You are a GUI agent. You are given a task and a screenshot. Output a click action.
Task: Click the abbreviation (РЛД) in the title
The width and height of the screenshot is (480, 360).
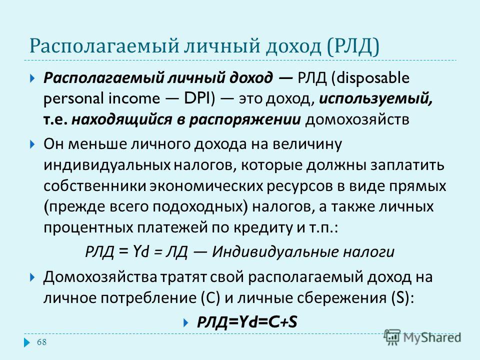[353, 46]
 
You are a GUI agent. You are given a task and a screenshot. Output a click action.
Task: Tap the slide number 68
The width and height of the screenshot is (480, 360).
[41, 342]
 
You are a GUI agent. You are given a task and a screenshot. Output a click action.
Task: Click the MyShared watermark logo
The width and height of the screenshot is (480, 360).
[423, 337]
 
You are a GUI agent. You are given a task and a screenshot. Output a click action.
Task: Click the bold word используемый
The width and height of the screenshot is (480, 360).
[376, 99]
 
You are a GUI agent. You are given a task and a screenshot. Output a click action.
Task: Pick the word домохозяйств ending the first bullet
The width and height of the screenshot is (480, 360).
[357, 119]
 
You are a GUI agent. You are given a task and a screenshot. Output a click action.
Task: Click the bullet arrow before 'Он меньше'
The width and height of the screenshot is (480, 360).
[33, 144]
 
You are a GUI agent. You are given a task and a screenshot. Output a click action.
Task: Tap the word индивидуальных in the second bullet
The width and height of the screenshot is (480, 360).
[107, 165]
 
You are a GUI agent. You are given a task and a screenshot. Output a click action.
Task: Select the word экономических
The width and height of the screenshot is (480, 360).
[206, 186]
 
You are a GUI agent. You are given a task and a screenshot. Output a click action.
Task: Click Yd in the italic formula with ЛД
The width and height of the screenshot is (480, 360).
[141, 251]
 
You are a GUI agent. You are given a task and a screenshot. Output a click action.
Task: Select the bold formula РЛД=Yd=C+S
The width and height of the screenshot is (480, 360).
[247, 322]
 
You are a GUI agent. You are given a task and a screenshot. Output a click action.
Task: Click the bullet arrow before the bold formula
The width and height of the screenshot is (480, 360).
[185, 322]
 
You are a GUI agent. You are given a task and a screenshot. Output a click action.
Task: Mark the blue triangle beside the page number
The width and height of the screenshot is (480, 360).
[27, 342]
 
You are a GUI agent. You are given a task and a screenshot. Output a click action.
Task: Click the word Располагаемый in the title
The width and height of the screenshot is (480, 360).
[104, 46]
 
